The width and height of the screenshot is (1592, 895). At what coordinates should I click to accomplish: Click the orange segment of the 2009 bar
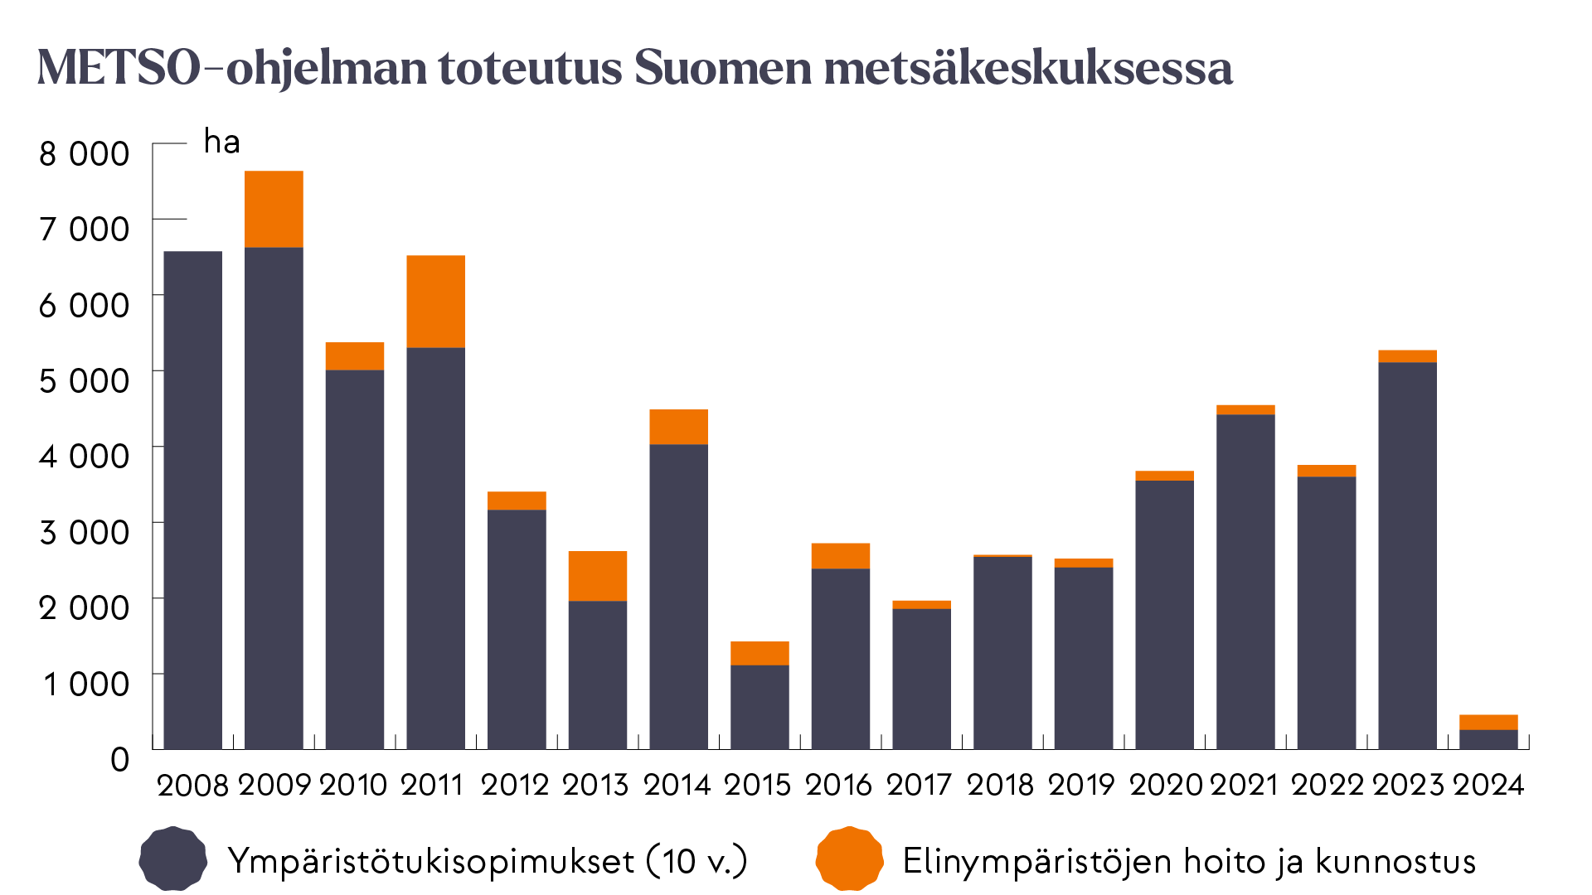point(274,209)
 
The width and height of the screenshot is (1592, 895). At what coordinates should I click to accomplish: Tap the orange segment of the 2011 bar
point(435,301)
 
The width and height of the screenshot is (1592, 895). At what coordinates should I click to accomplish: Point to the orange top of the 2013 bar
point(598,575)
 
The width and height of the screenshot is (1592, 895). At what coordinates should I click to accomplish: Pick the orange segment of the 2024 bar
point(1488,722)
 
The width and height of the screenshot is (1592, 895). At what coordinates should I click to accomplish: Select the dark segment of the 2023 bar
point(1407,555)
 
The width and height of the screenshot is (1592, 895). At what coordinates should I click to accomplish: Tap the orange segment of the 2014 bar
point(678,427)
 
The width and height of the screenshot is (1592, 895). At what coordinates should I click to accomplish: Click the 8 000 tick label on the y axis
point(84,153)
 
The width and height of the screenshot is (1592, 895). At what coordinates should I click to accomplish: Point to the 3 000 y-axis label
point(84,532)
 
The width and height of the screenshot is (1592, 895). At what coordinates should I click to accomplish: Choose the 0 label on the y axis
point(120,759)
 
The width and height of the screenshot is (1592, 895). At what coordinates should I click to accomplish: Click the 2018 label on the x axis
point(1000,785)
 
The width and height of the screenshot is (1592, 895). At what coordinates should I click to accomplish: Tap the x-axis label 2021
point(1244,785)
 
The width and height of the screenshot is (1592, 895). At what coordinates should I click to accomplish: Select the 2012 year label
point(514,785)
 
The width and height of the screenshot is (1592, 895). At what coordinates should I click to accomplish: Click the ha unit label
point(221,143)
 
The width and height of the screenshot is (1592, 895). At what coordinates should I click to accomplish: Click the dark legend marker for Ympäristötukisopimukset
point(172,859)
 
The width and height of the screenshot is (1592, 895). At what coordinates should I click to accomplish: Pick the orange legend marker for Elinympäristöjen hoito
point(849,859)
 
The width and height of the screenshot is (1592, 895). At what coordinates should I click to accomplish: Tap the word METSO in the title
point(119,68)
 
